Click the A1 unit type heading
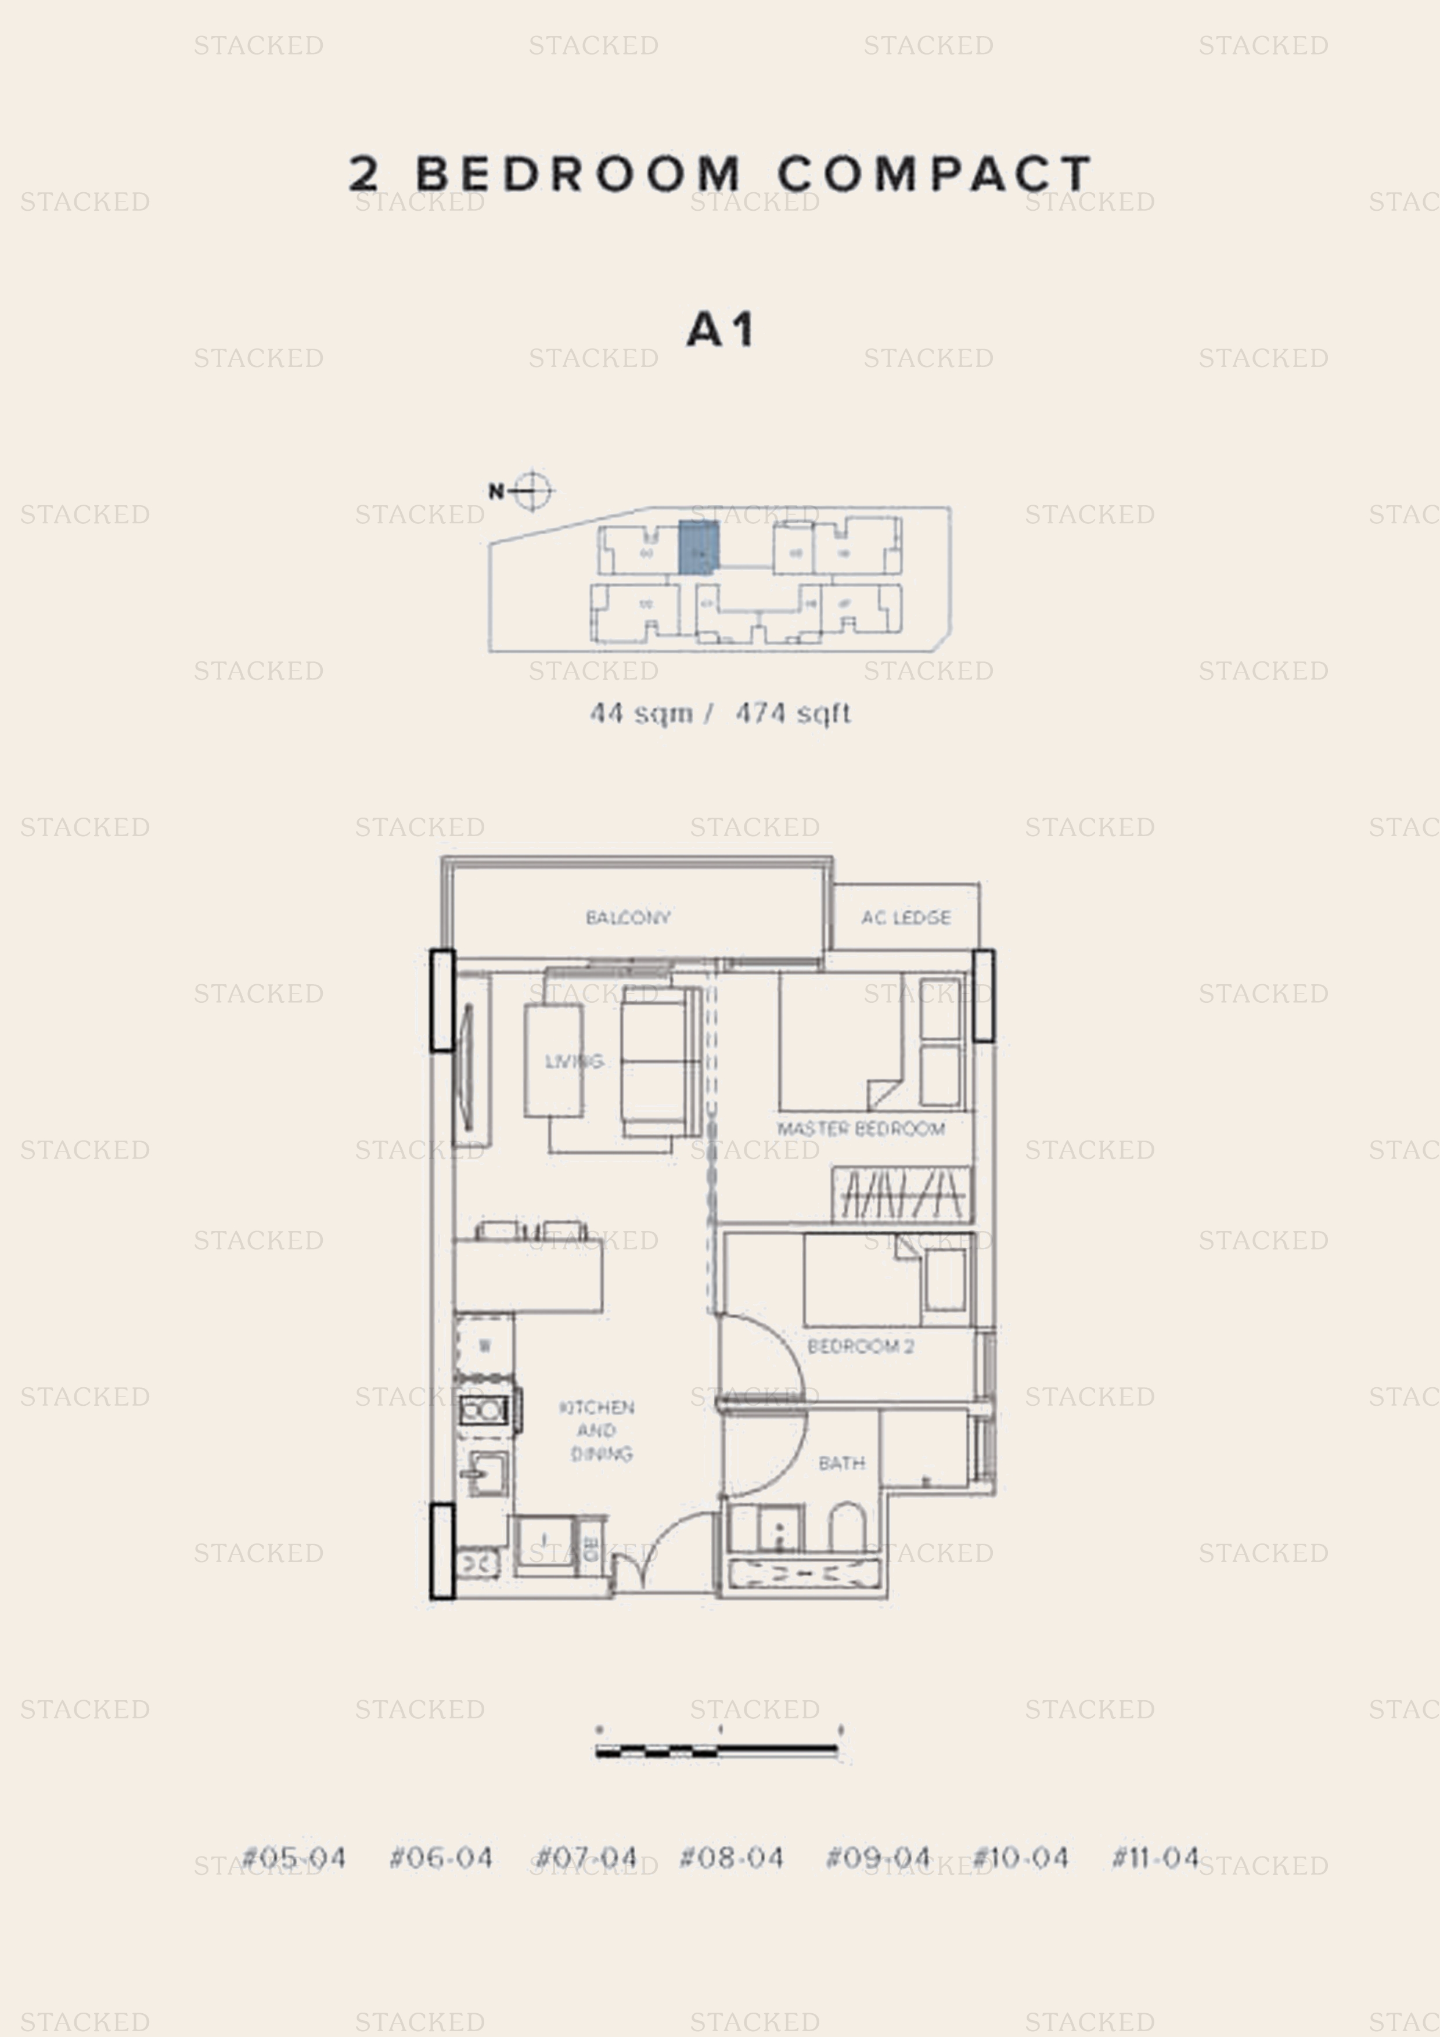(x=721, y=330)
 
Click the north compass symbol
(x=531, y=490)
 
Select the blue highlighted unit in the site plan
(x=699, y=548)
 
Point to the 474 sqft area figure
(x=793, y=712)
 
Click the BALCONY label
(x=627, y=917)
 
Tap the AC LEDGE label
(x=905, y=917)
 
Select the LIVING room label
(x=573, y=1061)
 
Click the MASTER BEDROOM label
(x=861, y=1128)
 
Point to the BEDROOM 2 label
(x=860, y=1346)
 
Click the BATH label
(x=841, y=1463)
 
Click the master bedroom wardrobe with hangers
(x=901, y=1194)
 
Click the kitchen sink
(x=486, y=1474)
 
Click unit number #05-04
(x=294, y=1858)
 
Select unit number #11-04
(x=1155, y=1857)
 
